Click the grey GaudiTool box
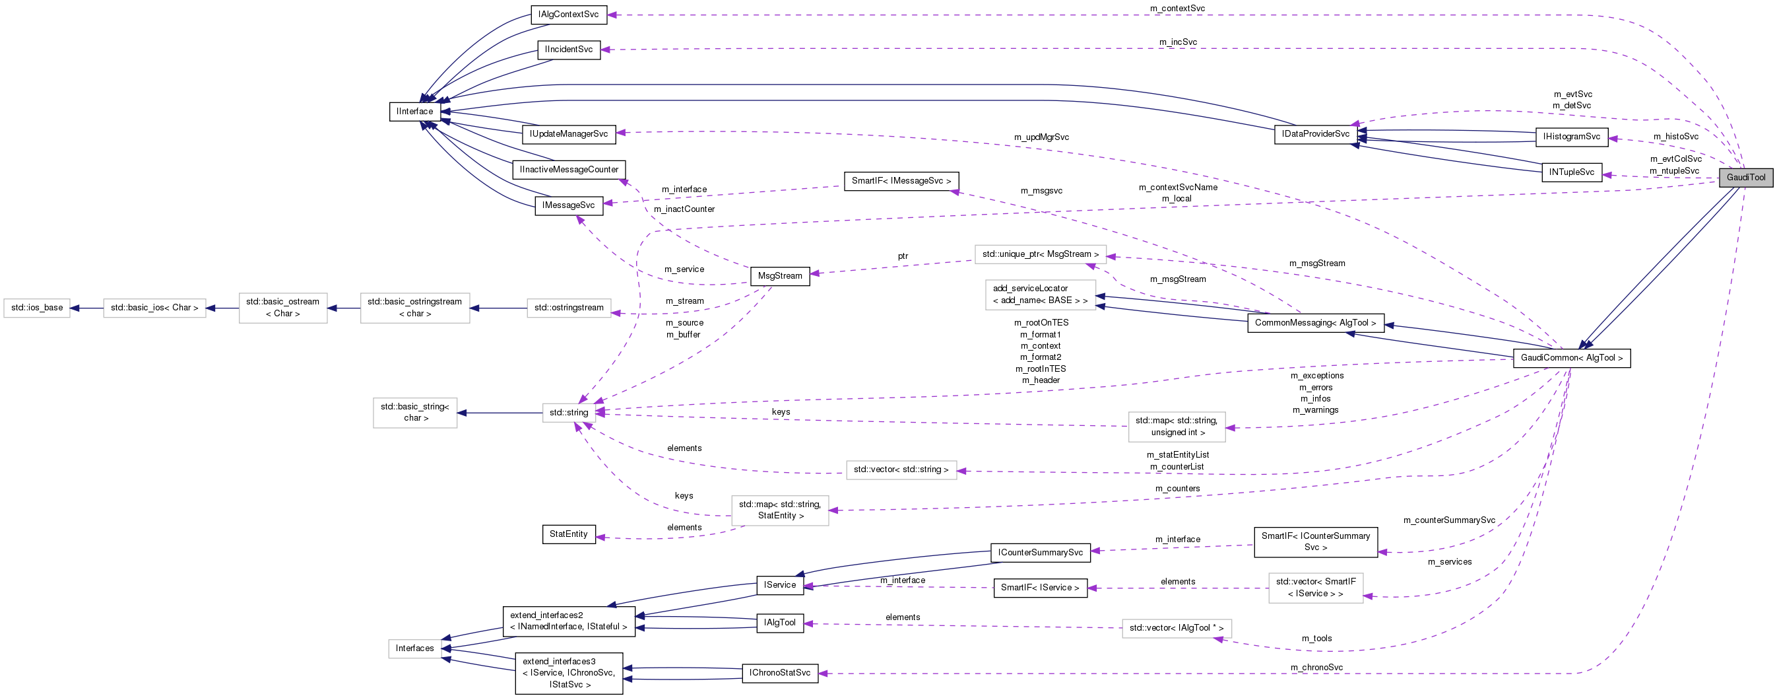coord(1745,178)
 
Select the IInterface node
coord(414,111)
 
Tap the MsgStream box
coord(779,276)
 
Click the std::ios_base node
coord(37,308)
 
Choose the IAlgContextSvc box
coord(568,15)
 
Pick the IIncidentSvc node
coord(568,50)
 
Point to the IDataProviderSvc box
coord(1315,134)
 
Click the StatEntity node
coord(568,534)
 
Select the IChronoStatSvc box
coord(779,673)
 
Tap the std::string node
coord(568,413)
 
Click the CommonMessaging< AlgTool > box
coord(1315,323)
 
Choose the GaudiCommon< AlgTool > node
coord(1570,359)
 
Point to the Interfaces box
coord(414,648)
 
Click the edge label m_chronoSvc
coord(1316,668)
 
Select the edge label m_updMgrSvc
coord(1041,137)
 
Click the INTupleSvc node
coord(1570,172)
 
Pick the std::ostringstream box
coord(568,308)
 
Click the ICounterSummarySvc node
coord(1039,552)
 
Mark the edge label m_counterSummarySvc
coord(1448,520)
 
